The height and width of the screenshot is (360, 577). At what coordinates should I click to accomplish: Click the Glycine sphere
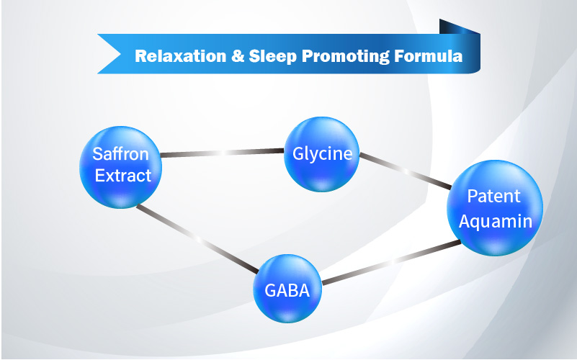pyautogui.click(x=321, y=154)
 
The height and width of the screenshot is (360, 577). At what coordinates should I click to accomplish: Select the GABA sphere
pyautogui.click(x=287, y=289)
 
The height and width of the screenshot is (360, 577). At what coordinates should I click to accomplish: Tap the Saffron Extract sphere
pyautogui.click(x=121, y=167)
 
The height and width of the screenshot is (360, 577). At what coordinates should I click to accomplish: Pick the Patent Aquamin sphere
pyautogui.click(x=495, y=208)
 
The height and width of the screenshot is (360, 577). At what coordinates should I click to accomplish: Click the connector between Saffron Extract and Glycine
pyautogui.click(x=223, y=153)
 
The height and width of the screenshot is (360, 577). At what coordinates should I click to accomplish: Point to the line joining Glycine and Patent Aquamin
pyautogui.click(x=405, y=171)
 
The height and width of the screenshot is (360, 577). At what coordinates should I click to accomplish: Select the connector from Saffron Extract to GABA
pyautogui.click(x=197, y=239)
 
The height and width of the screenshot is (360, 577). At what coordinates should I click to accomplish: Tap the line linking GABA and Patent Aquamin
pyautogui.click(x=392, y=262)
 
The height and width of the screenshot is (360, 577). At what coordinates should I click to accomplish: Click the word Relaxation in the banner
pyautogui.click(x=181, y=56)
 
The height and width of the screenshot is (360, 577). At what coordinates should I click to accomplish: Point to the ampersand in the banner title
pyautogui.click(x=238, y=56)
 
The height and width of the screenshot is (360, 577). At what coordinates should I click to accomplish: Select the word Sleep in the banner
pyautogui.click(x=273, y=56)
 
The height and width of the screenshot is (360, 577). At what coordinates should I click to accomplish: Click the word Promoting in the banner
pyautogui.click(x=345, y=57)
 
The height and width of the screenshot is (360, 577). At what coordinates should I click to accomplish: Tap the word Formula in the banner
pyautogui.click(x=428, y=56)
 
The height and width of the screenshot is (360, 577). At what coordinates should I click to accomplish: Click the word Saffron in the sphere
pyautogui.click(x=121, y=153)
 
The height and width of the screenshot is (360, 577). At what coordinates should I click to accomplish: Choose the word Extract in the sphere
pyautogui.click(x=123, y=176)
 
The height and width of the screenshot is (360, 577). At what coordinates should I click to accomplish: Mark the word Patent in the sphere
pyautogui.click(x=493, y=196)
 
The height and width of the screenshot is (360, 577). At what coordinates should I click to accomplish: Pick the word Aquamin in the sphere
pyautogui.click(x=496, y=222)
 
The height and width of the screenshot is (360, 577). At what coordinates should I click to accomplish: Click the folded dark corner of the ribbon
pyautogui.click(x=458, y=27)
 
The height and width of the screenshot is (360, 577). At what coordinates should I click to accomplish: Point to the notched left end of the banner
pyautogui.click(x=109, y=54)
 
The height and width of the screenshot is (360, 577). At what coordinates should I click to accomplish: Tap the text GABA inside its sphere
pyautogui.click(x=287, y=290)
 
